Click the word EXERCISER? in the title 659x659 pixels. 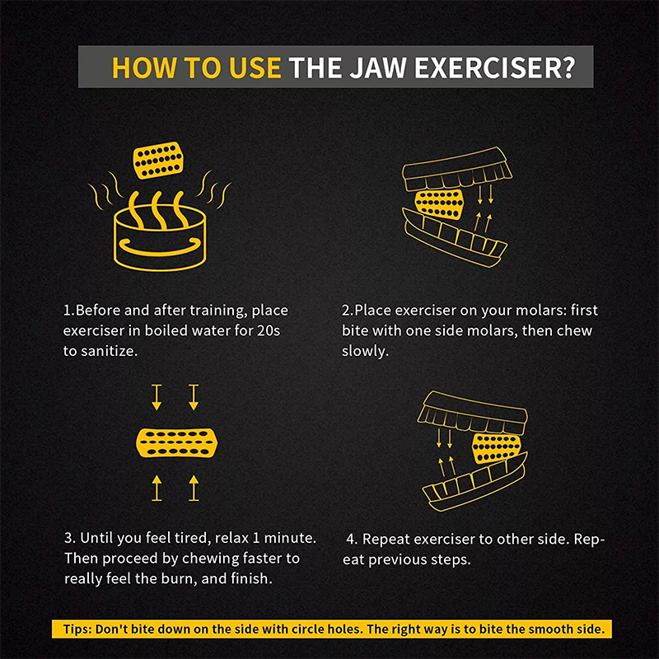(x=495, y=68)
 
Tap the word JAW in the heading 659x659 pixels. (x=378, y=68)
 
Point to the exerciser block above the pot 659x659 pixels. (x=158, y=160)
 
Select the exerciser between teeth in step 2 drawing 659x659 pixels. (x=439, y=204)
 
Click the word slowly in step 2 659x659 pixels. (x=364, y=351)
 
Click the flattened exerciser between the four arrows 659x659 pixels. (x=177, y=443)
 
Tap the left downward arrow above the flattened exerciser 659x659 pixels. (x=157, y=397)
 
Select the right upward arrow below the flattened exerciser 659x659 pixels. (x=194, y=488)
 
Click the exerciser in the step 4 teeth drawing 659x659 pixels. (x=497, y=447)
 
